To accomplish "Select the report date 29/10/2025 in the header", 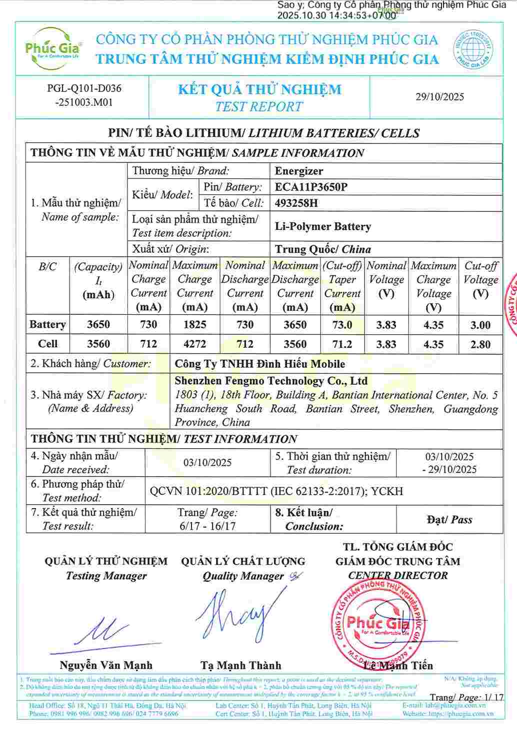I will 439,97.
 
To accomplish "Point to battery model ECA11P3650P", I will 311,187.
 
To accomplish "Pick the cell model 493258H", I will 296,203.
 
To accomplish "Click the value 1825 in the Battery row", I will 194,325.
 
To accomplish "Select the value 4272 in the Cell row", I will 194,344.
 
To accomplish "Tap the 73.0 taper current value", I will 342,325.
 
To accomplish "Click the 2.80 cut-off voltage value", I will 480,344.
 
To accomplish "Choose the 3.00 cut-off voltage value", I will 480,325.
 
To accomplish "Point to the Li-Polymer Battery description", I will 322,226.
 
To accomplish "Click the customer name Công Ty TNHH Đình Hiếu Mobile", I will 259,364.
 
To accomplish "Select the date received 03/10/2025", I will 207,463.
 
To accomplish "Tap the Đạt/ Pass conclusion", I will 449,520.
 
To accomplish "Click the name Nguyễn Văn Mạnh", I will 106,666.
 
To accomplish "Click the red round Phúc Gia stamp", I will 378,625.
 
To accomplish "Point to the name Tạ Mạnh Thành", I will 240,666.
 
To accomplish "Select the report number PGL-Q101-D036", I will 84,89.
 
